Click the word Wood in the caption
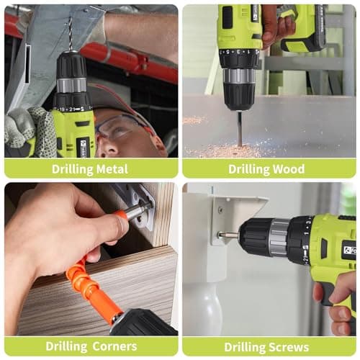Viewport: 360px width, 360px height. coord(290,169)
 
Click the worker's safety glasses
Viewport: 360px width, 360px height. coord(119,127)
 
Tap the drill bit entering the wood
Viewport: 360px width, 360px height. coord(240,126)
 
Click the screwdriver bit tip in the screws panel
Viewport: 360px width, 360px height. coord(226,235)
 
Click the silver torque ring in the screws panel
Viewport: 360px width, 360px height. coord(279,237)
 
